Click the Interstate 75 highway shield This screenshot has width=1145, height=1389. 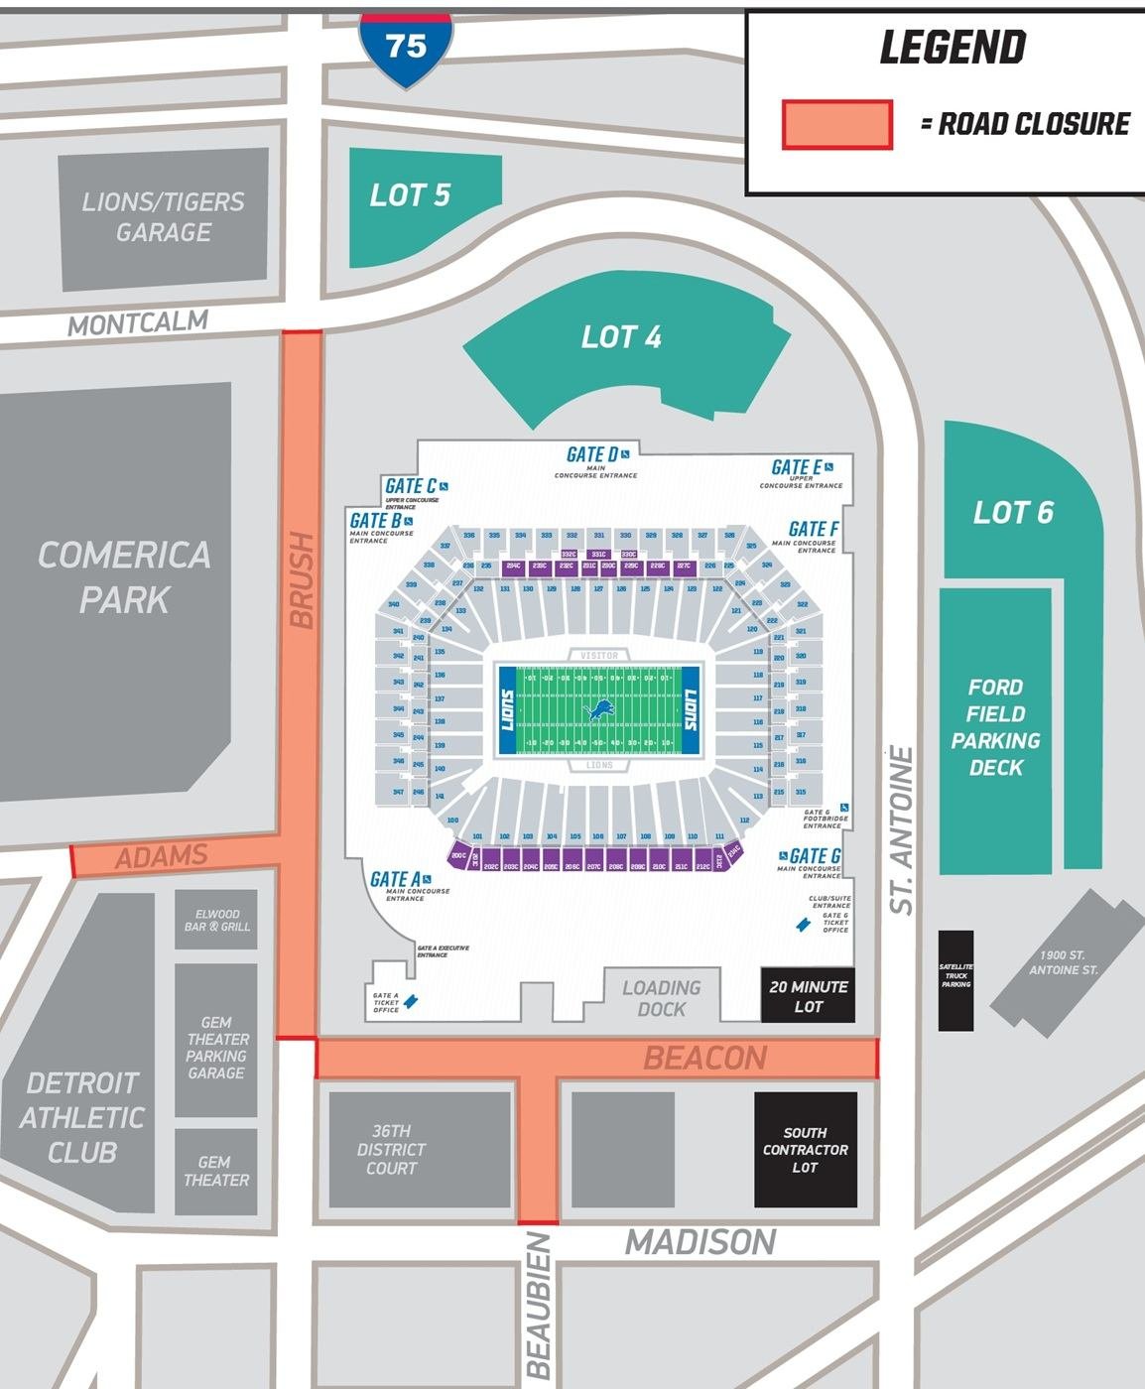coord(406,48)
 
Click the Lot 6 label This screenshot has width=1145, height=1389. coord(1013,513)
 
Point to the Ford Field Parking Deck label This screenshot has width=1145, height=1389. coord(995,727)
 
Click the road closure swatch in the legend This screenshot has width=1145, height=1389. coord(836,125)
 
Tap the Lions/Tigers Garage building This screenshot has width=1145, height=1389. coord(164,218)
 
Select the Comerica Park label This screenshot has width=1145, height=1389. coord(124,576)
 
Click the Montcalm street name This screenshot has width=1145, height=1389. coord(138,323)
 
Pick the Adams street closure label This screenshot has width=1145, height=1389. coord(161,856)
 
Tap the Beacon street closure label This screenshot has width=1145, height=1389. coord(704,1059)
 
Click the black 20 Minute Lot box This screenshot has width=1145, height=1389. coord(808,996)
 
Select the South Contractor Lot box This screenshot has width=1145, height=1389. coord(805,1150)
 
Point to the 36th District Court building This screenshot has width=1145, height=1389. coord(392,1150)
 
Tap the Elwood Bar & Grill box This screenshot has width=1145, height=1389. coord(216,920)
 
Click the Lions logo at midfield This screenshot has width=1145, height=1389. coord(598,710)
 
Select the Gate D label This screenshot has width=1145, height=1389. coord(592,454)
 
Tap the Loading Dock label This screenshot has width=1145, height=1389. coord(661,998)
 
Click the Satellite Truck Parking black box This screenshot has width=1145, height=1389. coord(956,979)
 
